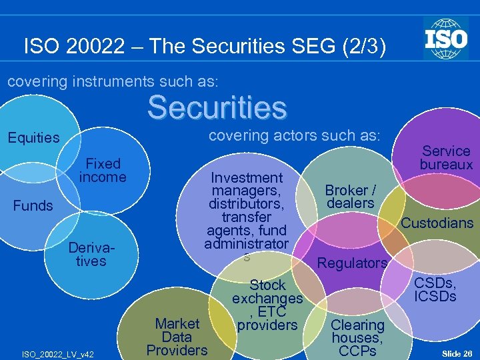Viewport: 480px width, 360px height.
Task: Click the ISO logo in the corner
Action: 445,38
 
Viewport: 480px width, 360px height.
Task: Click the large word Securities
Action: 217,107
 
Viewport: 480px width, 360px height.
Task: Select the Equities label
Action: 33,138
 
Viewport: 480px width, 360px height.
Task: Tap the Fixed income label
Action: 103,170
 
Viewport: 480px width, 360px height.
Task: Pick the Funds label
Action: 33,205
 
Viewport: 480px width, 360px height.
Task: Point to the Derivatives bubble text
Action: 91,254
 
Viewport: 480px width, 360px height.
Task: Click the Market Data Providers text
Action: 177,337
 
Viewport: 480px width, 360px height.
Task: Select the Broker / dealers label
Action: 350,197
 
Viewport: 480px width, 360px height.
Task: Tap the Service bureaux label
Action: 446,157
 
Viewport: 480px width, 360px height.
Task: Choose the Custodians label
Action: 437,223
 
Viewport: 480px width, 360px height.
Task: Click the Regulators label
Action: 352,263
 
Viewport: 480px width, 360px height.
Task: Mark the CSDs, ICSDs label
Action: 435,288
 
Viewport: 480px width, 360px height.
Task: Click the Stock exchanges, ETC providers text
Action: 267,305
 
